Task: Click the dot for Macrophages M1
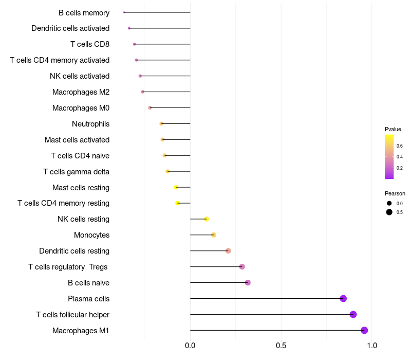tap(364, 330)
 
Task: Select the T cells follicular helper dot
tap(353, 314)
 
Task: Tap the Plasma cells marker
tap(343, 298)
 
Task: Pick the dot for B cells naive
tap(248, 282)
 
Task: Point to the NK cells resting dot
tap(207, 219)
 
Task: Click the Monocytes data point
tap(214, 235)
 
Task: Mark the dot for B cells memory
tap(124, 12)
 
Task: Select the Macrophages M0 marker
tap(150, 107)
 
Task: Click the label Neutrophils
tap(90, 124)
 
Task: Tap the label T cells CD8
tap(90, 44)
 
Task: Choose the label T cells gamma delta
tap(76, 172)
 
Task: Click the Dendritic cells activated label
tap(70, 28)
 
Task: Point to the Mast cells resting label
tap(81, 188)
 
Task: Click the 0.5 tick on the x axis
tap(281, 346)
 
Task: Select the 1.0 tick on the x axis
tap(372, 346)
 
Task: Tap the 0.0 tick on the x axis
tap(190, 346)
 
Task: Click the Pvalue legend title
tap(393, 129)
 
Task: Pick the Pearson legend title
tap(395, 193)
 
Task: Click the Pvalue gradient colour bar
tap(389, 157)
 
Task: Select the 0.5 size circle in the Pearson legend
tap(389, 212)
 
